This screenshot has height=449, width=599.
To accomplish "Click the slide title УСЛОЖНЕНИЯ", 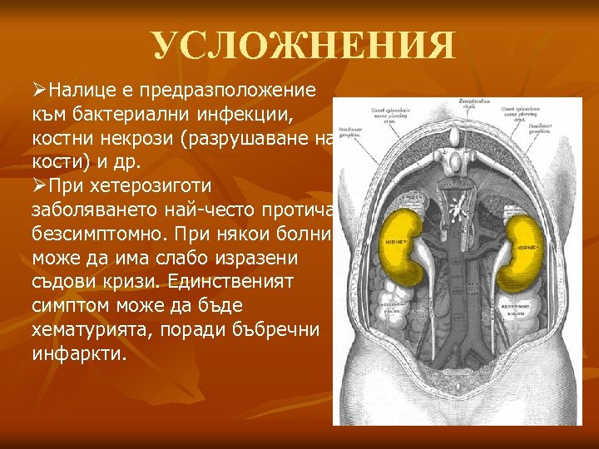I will (x=304, y=47).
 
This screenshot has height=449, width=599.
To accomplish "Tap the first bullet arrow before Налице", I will (x=38, y=90).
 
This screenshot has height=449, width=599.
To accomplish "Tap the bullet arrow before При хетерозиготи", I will (x=38, y=185).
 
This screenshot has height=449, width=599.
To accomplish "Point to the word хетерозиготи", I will (x=155, y=185).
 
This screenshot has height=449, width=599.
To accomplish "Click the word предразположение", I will (x=220, y=90).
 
